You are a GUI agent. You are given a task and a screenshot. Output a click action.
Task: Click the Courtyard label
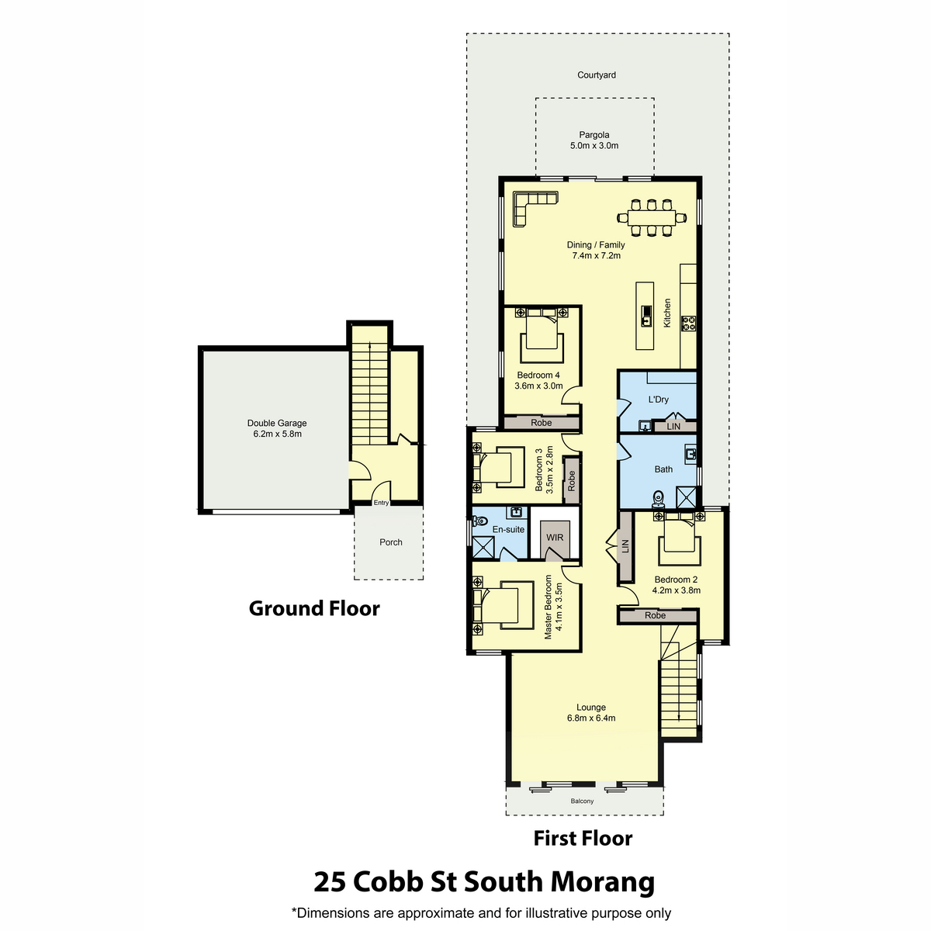click(x=596, y=75)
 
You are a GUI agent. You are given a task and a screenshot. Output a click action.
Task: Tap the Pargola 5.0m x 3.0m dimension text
click(x=594, y=145)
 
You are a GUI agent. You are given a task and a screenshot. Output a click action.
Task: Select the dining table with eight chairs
click(x=651, y=218)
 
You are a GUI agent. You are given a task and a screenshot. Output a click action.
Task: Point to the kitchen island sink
click(x=646, y=316)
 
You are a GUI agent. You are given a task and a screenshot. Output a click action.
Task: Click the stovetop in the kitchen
click(x=688, y=324)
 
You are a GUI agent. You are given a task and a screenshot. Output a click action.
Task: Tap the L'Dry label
click(x=658, y=400)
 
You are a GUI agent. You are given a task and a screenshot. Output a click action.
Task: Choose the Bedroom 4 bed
click(x=542, y=335)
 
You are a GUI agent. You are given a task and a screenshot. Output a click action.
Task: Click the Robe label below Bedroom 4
click(x=541, y=423)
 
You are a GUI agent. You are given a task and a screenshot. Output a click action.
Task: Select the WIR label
click(x=555, y=537)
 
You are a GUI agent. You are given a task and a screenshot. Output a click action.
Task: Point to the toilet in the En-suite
click(x=479, y=521)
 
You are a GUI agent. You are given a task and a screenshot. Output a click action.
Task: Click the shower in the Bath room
click(x=687, y=497)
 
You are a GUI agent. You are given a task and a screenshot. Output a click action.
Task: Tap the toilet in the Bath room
click(x=658, y=500)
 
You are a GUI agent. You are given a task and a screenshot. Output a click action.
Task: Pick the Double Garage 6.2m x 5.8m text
click(x=277, y=428)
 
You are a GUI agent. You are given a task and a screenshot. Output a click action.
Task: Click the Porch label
click(x=390, y=542)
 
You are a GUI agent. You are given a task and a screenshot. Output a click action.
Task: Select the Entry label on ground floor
click(x=381, y=503)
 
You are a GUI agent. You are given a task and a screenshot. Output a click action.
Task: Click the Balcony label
click(x=582, y=801)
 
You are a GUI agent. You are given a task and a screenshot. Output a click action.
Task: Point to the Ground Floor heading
click(x=314, y=608)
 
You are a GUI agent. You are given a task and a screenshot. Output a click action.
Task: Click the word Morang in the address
click(x=603, y=881)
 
